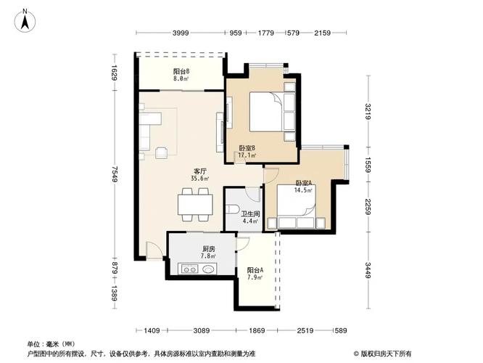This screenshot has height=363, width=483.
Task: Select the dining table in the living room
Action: click(195, 203)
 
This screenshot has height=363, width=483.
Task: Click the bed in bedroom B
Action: click(266, 114)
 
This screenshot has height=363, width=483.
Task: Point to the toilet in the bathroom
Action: click(232, 209)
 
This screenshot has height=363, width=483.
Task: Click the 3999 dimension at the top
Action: click(181, 33)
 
